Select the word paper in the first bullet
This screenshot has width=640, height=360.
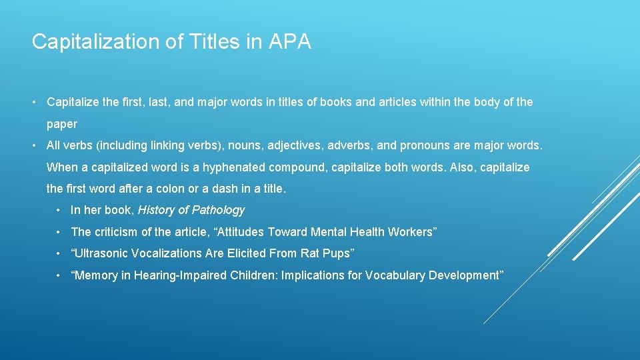tap(62, 124)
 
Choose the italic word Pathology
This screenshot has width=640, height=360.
tap(218, 211)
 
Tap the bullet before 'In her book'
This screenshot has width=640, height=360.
tap(60, 211)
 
